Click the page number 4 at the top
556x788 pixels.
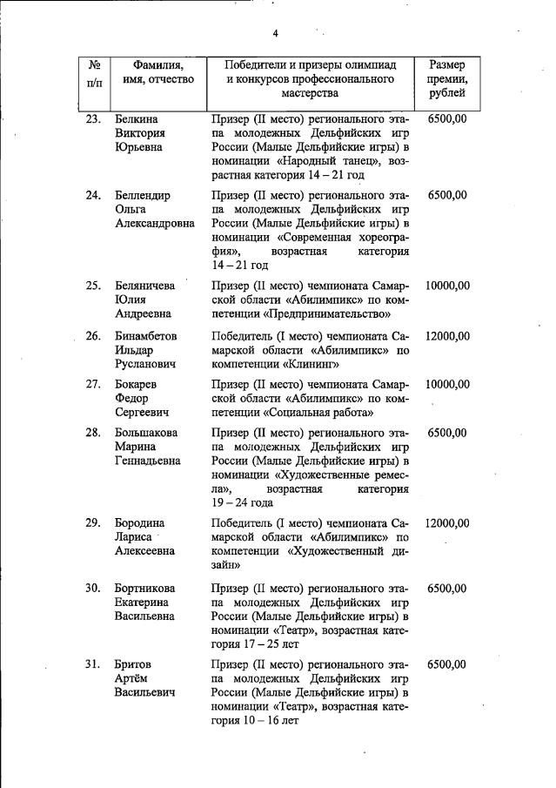(275, 34)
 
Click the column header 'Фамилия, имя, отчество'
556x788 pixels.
(157, 72)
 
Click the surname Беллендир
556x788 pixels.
(143, 195)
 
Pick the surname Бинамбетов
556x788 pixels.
(148, 336)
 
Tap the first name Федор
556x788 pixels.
(132, 398)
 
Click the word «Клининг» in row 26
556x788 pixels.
(308, 365)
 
